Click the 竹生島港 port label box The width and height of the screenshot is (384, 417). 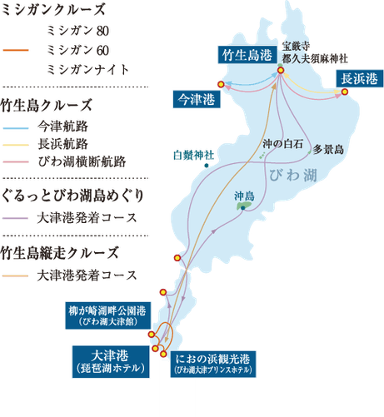[x=245, y=56]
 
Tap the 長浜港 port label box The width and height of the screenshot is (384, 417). [x=358, y=78]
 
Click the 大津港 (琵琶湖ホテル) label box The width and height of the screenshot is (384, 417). [x=108, y=359]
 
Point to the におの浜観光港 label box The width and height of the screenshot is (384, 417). [x=213, y=363]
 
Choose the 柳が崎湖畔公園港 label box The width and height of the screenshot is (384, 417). [x=109, y=314]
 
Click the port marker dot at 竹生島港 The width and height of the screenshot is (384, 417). [x=281, y=71]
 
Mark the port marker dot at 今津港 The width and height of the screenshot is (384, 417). [x=219, y=83]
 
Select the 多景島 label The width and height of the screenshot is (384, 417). [x=329, y=150]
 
